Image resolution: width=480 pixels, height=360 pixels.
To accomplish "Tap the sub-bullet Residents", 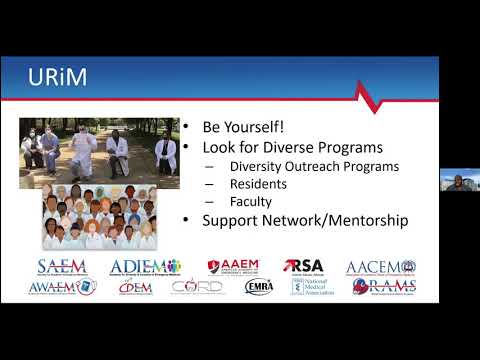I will click(259, 183).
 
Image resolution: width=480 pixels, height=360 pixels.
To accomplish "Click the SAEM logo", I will click(62, 267).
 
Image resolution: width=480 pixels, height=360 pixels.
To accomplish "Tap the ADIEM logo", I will click(145, 267).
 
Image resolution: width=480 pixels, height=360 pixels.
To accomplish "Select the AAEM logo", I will click(233, 266).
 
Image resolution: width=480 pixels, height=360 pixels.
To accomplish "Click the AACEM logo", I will click(380, 267).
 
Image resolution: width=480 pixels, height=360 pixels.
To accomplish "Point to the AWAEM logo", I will click(62, 287).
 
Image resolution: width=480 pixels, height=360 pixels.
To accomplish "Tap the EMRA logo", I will click(258, 287).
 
